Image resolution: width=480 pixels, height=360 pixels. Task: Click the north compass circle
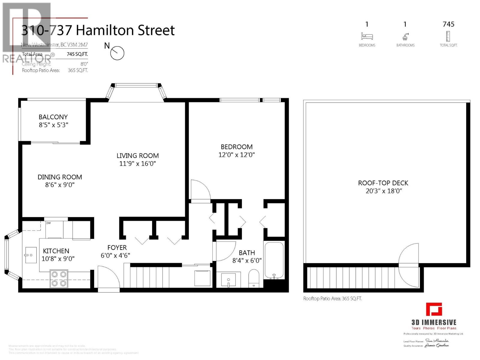pos(117,53)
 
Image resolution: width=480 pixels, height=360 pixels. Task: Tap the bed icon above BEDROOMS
pos(367,36)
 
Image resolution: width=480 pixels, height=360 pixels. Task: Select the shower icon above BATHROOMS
pos(405,37)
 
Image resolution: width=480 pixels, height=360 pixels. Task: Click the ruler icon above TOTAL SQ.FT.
pos(448,36)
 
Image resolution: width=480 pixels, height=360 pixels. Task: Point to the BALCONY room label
pos(53,117)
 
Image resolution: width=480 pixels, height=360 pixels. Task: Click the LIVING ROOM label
pos(138,156)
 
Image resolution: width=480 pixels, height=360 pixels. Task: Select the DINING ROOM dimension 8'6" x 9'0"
pos(60,185)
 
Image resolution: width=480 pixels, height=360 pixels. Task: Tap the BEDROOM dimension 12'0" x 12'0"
pos(236,155)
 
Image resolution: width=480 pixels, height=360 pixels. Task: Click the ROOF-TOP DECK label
pos(383,183)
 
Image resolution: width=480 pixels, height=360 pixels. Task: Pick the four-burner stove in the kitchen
pos(59,279)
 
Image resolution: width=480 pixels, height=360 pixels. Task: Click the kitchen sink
pos(31,255)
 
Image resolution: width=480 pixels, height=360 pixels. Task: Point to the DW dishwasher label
pos(48,223)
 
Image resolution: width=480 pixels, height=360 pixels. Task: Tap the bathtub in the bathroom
pos(274,260)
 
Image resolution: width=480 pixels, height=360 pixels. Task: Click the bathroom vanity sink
pos(230,280)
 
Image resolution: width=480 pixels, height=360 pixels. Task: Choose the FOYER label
pos(117,247)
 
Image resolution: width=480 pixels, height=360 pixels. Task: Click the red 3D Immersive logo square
pos(434,309)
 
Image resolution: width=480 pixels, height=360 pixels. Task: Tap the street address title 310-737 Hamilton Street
pos(98,30)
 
